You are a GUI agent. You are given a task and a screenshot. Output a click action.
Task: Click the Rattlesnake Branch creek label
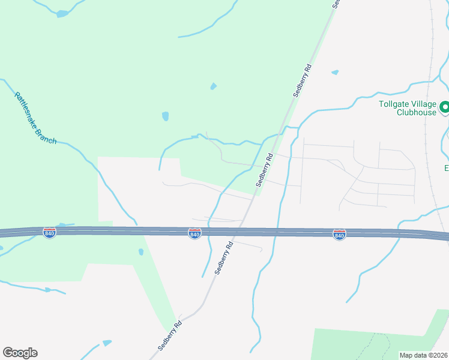35,118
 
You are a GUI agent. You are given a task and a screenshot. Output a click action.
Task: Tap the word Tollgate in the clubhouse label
394,103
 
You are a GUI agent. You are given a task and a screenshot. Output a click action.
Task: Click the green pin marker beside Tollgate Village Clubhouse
445,108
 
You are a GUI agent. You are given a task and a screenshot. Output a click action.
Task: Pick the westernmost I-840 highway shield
50,232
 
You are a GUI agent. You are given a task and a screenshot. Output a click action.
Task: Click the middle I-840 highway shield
194,233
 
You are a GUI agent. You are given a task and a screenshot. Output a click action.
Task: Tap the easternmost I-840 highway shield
339,234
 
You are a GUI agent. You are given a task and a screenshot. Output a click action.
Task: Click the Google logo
20,353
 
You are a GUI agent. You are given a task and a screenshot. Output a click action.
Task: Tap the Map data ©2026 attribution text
424,355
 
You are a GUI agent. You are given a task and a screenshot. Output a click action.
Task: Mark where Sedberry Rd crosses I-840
241,231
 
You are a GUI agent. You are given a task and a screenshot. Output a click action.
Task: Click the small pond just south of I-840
140,252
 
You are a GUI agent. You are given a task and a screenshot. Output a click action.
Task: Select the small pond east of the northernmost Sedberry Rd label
335,73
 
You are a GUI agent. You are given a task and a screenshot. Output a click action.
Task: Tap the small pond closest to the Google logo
107,343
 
